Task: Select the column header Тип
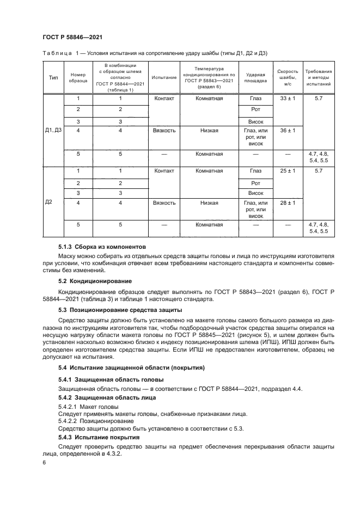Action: tap(53, 77)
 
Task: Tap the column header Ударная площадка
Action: tap(256, 77)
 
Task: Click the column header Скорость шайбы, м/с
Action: tap(287, 77)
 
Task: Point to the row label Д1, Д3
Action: tap(53, 131)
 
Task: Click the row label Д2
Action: tap(48, 203)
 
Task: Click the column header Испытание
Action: tap(164, 77)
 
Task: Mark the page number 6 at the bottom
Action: tap(44, 462)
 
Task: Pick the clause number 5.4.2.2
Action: tap(68, 421)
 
